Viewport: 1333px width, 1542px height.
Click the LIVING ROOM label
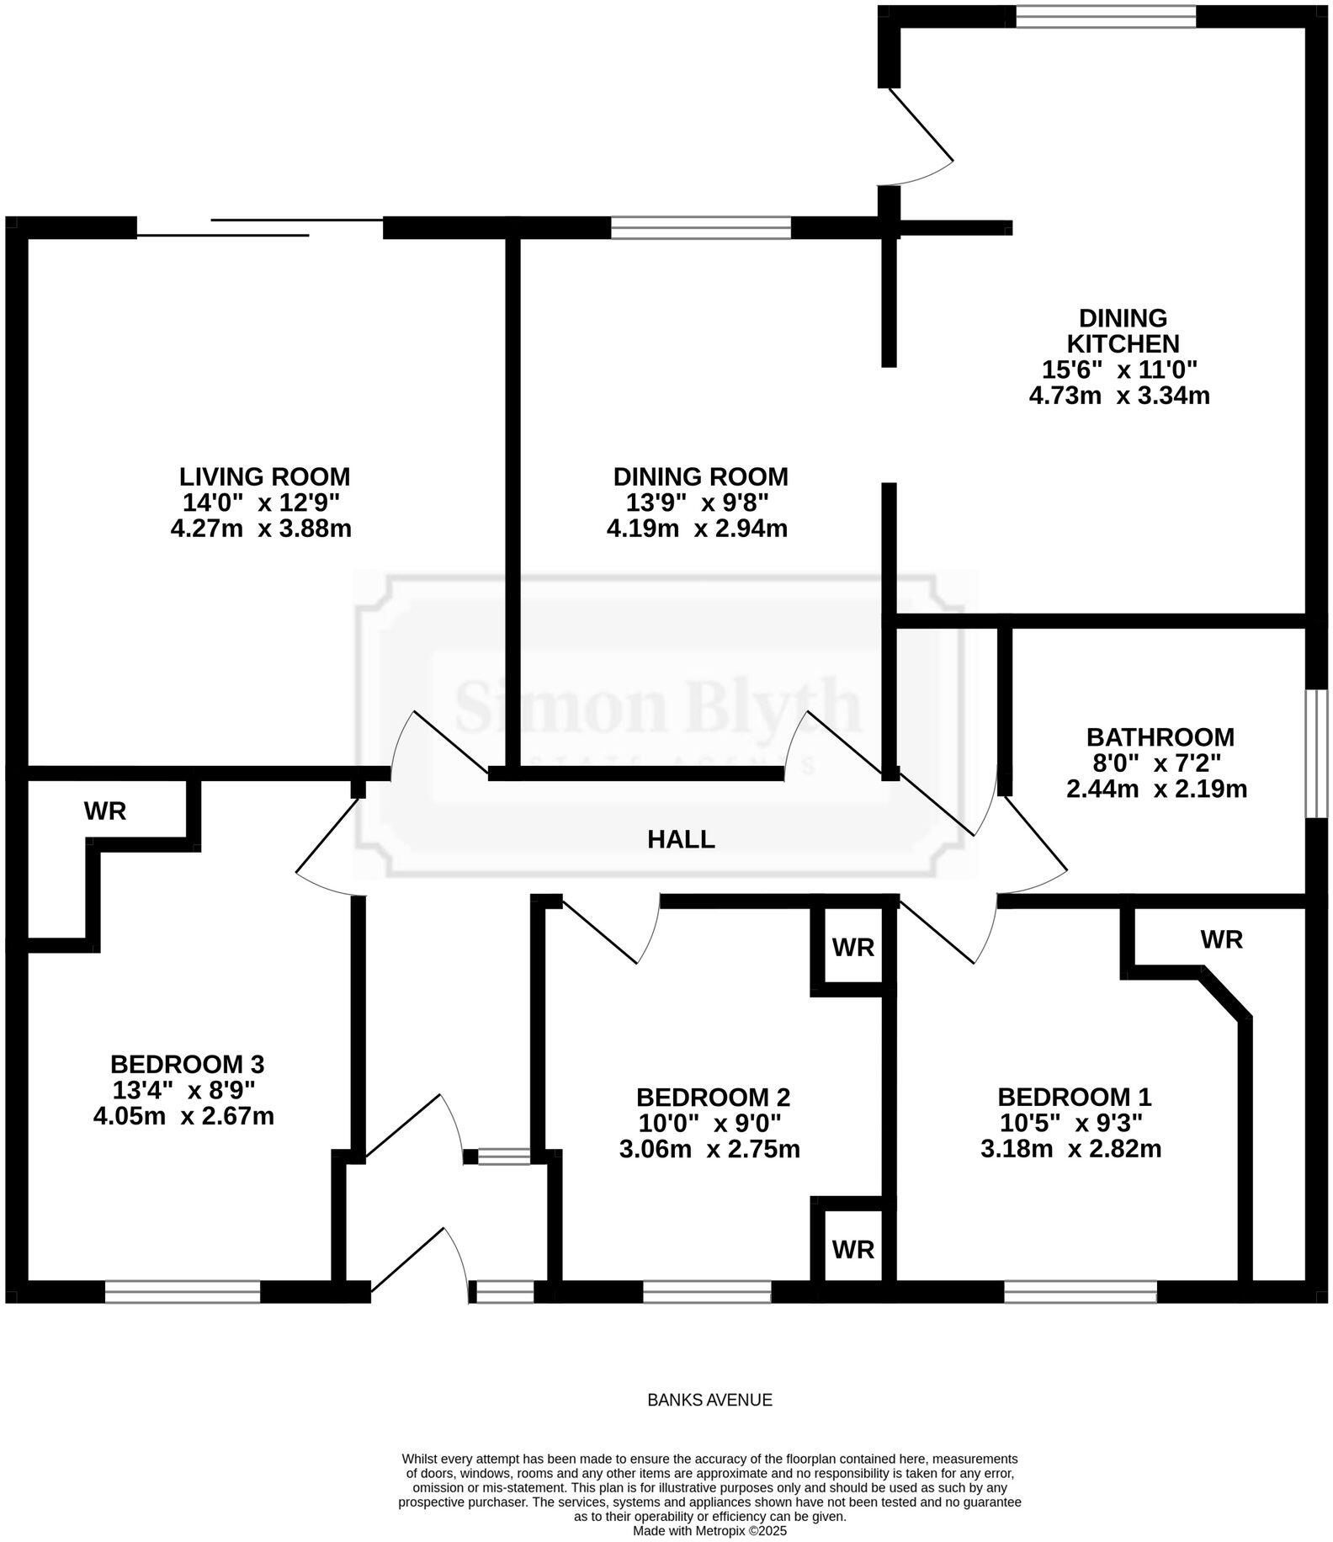point(264,476)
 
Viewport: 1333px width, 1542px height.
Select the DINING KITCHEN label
point(1123,331)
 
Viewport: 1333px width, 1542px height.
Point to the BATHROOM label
point(1160,737)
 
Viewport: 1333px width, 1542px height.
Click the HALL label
point(681,839)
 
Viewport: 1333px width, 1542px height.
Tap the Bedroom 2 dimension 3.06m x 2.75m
point(709,1149)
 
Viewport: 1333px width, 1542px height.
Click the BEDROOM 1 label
point(1074,1097)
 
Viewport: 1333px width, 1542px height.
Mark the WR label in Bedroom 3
point(105,811)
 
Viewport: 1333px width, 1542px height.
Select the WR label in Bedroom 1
point(1221,939)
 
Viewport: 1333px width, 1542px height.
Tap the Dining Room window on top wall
point(700,227)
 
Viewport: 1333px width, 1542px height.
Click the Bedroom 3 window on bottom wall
point(183,1292)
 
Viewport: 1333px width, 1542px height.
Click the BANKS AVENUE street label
point(709,1400)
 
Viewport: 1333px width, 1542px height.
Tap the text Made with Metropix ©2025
point(709,1531)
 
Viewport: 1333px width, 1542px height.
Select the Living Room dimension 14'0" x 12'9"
point(261,503)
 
